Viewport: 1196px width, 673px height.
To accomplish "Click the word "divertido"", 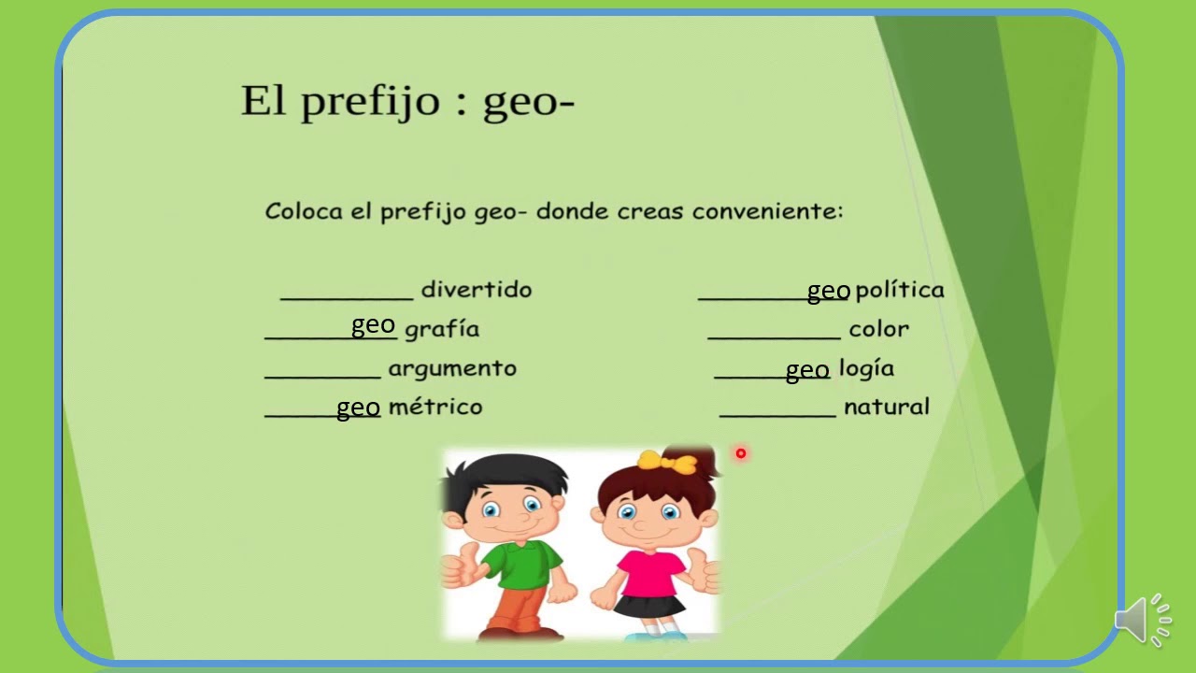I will [x=477, y=290].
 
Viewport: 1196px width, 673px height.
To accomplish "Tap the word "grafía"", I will [x=442, y=329].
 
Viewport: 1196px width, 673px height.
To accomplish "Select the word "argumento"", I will [x=452, y=368].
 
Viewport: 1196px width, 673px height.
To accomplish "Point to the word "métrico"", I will [x=435, y=407].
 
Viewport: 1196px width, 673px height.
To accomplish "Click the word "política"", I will [x=900, y=290].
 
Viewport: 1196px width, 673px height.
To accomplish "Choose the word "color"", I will [x=878, y=329].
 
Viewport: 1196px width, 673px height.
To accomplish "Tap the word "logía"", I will [x=866, y=368].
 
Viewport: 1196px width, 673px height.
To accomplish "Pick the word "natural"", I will [x=886, y=407].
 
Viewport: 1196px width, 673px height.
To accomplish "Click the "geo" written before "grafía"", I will [x=373, y=325].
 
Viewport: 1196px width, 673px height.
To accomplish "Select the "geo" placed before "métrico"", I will [x=358, y=408].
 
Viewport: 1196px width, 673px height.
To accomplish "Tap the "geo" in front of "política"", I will [x=829, y=292].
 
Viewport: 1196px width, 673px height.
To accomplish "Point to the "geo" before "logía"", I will [x=807, y=371].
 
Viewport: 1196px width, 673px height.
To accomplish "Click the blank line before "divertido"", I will [x=347, y=298].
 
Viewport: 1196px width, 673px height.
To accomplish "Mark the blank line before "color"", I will [x=774, y=337].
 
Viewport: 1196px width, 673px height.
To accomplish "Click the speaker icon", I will [x=1142, y=619].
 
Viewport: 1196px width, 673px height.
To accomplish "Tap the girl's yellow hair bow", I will [x=668, y=462].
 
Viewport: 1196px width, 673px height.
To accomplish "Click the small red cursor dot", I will [x=741, y=453].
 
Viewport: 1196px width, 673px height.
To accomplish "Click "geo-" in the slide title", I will [x=528, y=101].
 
